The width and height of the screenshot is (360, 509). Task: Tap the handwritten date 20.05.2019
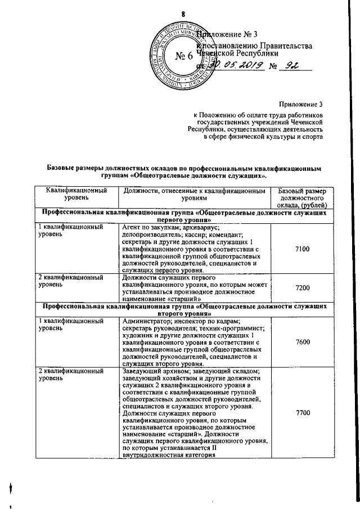[x=229, y=66]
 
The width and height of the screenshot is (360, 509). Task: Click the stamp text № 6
[x=184, y=57]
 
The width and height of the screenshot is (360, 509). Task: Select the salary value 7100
[x=302, y=248]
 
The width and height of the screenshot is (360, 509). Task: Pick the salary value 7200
[x=302, y=287]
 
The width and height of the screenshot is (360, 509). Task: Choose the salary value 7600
[x=302, y=343]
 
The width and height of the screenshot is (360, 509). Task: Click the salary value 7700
[x=302, y=413]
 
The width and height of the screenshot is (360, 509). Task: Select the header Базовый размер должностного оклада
[x=302, y=199]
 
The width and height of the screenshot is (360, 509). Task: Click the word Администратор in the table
[x=146, y=321]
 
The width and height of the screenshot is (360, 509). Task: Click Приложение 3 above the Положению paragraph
[x=301, y=104]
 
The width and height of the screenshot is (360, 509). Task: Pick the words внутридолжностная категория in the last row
[x=169, y=464]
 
